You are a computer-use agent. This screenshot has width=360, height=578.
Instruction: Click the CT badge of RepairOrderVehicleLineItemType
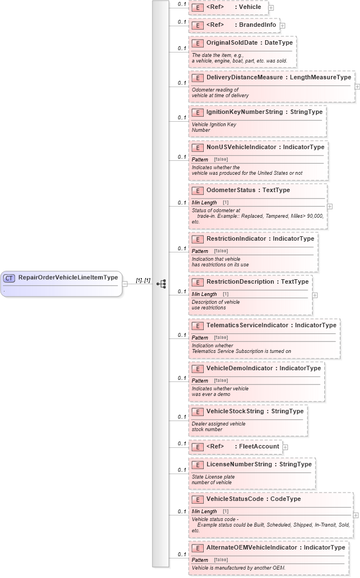9,278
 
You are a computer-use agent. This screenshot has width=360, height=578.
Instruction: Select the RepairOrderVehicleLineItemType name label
68,278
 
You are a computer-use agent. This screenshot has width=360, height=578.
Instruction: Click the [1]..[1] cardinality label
143,280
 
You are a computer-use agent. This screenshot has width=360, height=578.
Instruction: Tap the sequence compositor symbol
161,284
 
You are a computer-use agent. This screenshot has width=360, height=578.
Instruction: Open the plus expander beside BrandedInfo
282,25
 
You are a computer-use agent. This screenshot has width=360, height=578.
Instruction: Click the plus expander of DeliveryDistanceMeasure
357,87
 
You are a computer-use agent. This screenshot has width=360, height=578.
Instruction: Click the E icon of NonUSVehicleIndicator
197,147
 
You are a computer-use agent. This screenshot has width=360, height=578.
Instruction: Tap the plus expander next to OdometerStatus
330,206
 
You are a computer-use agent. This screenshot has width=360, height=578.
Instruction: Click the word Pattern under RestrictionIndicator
200,251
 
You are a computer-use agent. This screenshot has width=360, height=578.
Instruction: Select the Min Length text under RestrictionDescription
204,294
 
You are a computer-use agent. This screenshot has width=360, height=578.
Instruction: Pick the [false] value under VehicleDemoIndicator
220,381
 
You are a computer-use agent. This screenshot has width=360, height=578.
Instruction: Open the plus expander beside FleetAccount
285,447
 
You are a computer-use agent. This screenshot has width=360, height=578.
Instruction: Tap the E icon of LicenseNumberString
197,465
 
